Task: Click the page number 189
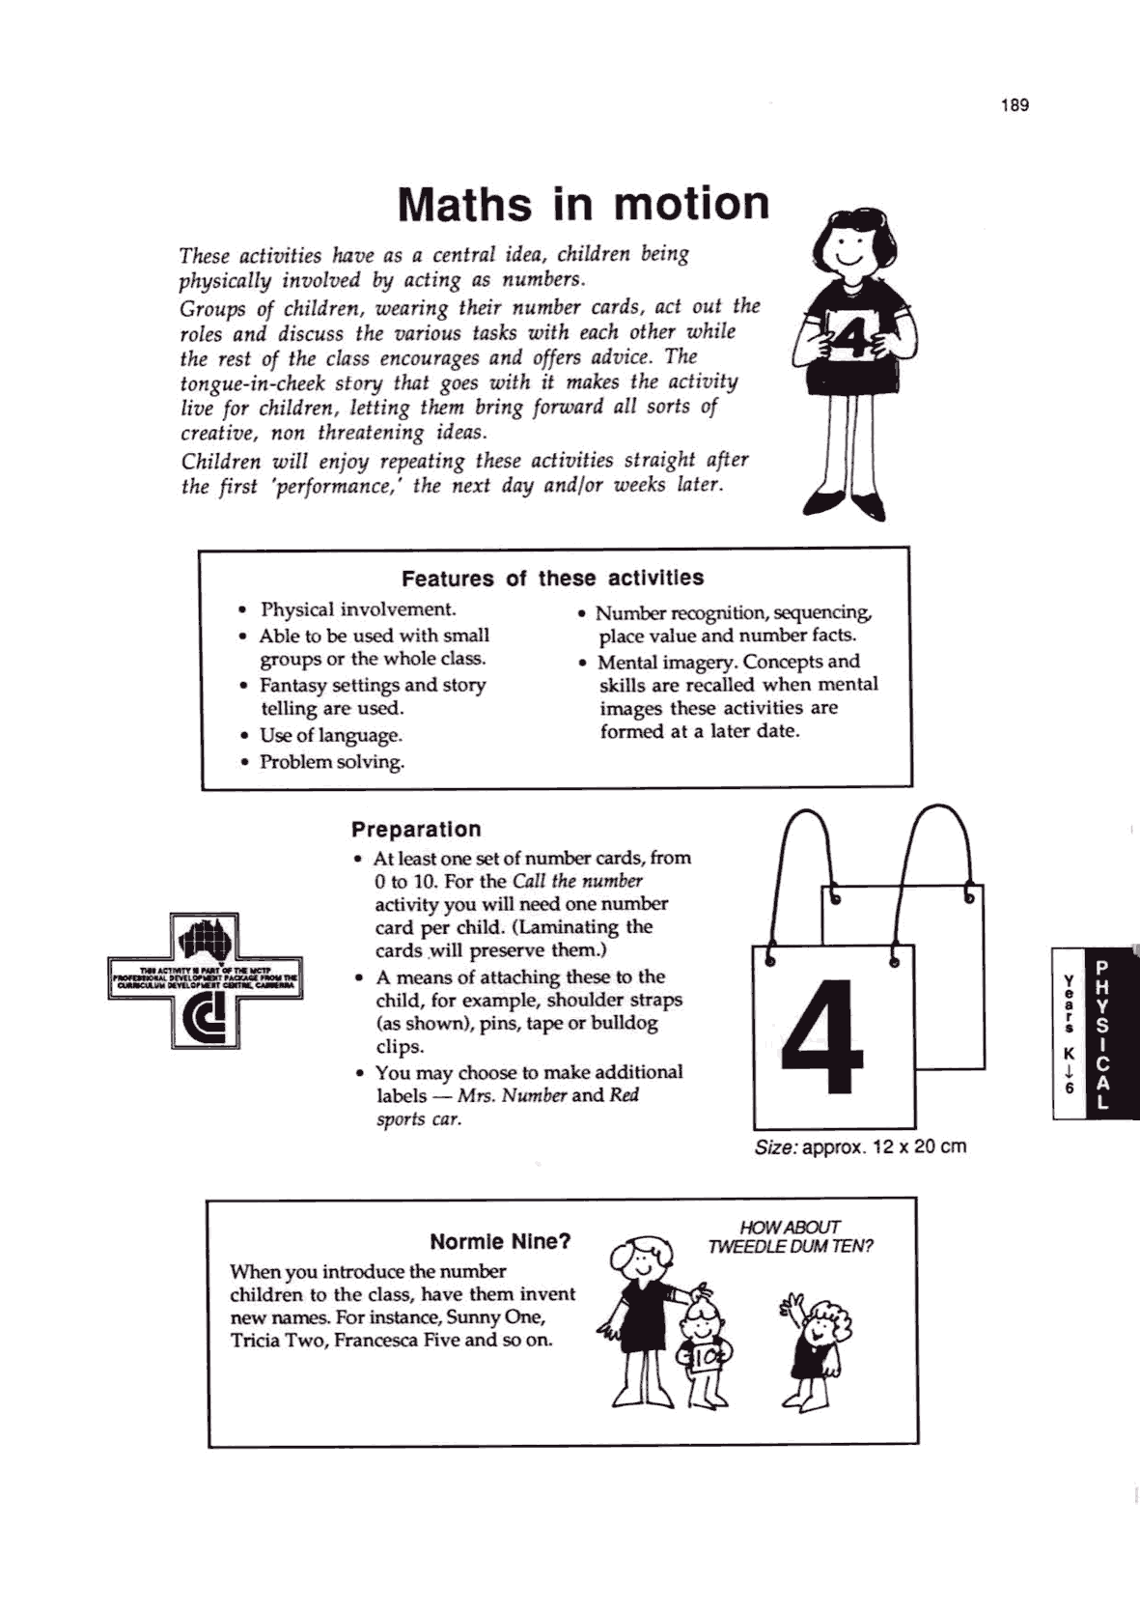point(1015,105)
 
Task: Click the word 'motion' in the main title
point(691,204)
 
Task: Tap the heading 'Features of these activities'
point(552,579)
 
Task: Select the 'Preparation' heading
point(416,830)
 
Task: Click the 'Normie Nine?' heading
point(500,1241)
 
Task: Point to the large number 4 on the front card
point(821,1036)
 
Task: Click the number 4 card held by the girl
point(853,341)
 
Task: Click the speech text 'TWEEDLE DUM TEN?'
point(790,1247)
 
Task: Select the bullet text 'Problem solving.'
point(332,762)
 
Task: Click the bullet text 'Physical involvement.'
point(358,609)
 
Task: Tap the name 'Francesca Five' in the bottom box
point(397,1341)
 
